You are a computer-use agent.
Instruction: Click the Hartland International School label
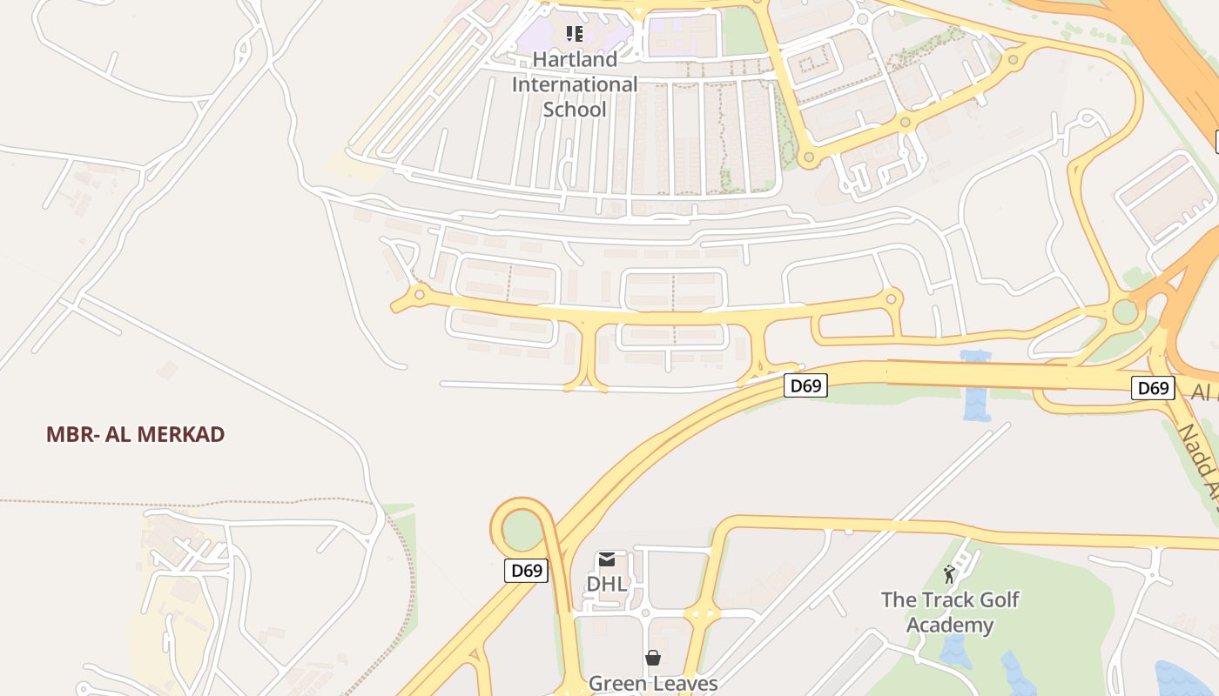click(575, 84)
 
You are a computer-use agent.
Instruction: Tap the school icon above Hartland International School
click(574, 34)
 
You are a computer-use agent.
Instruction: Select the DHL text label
click(606, 584)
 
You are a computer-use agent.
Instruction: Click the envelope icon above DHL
click(607, 559)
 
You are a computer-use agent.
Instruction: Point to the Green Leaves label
click(653, 683)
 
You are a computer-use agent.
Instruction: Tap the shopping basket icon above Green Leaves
click(653, 658)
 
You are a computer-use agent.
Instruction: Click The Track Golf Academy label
click(949, 612)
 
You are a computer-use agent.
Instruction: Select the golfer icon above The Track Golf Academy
click(949, 574)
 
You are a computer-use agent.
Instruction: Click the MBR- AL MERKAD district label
click(136, 434)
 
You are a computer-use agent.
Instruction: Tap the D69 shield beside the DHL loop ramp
click(527, 571)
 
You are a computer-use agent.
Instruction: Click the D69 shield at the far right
click(1153, 387)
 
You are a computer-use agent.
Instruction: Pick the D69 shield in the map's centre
click(805, 385)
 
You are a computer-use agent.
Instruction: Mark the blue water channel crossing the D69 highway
click(975, 387)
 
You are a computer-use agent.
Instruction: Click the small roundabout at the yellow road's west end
click(419, 295)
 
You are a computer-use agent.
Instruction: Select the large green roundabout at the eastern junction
click(1126, 311)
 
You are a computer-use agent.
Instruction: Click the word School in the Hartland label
click(575, 110)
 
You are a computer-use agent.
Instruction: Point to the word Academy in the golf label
click(949, 625)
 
